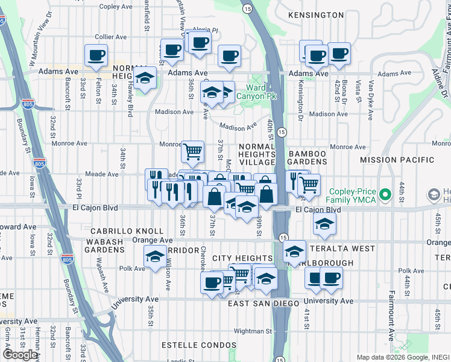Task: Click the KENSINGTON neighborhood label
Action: tap(316, 14)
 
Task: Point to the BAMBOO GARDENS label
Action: tap(307, 157)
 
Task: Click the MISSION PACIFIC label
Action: tap(397, 160)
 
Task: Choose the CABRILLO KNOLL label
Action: tap(127, 231)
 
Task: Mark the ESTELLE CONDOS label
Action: tap(199, 345)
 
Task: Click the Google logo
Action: tap(20, 355)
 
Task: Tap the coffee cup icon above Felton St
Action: tap(96, 56)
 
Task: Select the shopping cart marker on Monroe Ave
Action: tap(192, 151)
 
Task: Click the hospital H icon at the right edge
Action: tap(434, 195)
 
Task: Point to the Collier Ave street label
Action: tap(110, 37)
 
